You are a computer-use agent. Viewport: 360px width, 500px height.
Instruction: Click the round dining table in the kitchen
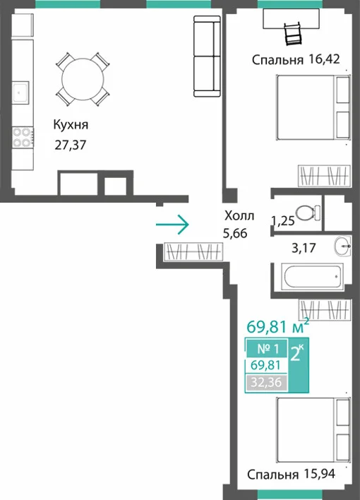[x=83, y=79]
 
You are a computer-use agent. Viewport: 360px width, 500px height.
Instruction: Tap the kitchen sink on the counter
[x=20, y=92]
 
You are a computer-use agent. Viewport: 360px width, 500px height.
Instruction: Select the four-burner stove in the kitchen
[x=23, y=137]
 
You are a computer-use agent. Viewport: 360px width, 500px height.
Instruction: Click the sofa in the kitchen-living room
[x=207, y=56]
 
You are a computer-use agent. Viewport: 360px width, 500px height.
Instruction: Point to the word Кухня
[x=71, y=125]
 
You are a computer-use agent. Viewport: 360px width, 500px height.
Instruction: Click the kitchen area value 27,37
[x=71, y=145]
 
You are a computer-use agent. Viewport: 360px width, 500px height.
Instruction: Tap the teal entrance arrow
[x=172, y=225]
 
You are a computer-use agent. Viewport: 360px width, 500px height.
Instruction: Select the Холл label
[x=239, y=216]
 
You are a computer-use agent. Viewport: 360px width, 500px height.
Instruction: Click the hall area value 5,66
[x=235, y=234]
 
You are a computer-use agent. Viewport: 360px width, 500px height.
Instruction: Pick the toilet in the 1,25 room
[x=308, y=213]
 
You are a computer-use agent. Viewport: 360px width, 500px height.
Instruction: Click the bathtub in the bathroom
[x=312, y=277]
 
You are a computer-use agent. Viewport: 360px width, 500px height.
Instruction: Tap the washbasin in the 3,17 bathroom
[x=343, y=246]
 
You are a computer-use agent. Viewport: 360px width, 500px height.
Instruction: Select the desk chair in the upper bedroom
[x=293, y=34]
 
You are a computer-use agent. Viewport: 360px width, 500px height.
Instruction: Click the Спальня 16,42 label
[x=296, y=59]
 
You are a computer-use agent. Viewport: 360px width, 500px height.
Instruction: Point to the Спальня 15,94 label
[x=291, y=474]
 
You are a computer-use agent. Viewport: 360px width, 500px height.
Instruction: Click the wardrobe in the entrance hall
[x=193, y=251]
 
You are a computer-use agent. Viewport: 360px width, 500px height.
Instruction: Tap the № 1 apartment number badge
[x=268, y=349]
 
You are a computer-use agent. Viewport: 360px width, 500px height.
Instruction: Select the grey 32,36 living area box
[x=266, y=382]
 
